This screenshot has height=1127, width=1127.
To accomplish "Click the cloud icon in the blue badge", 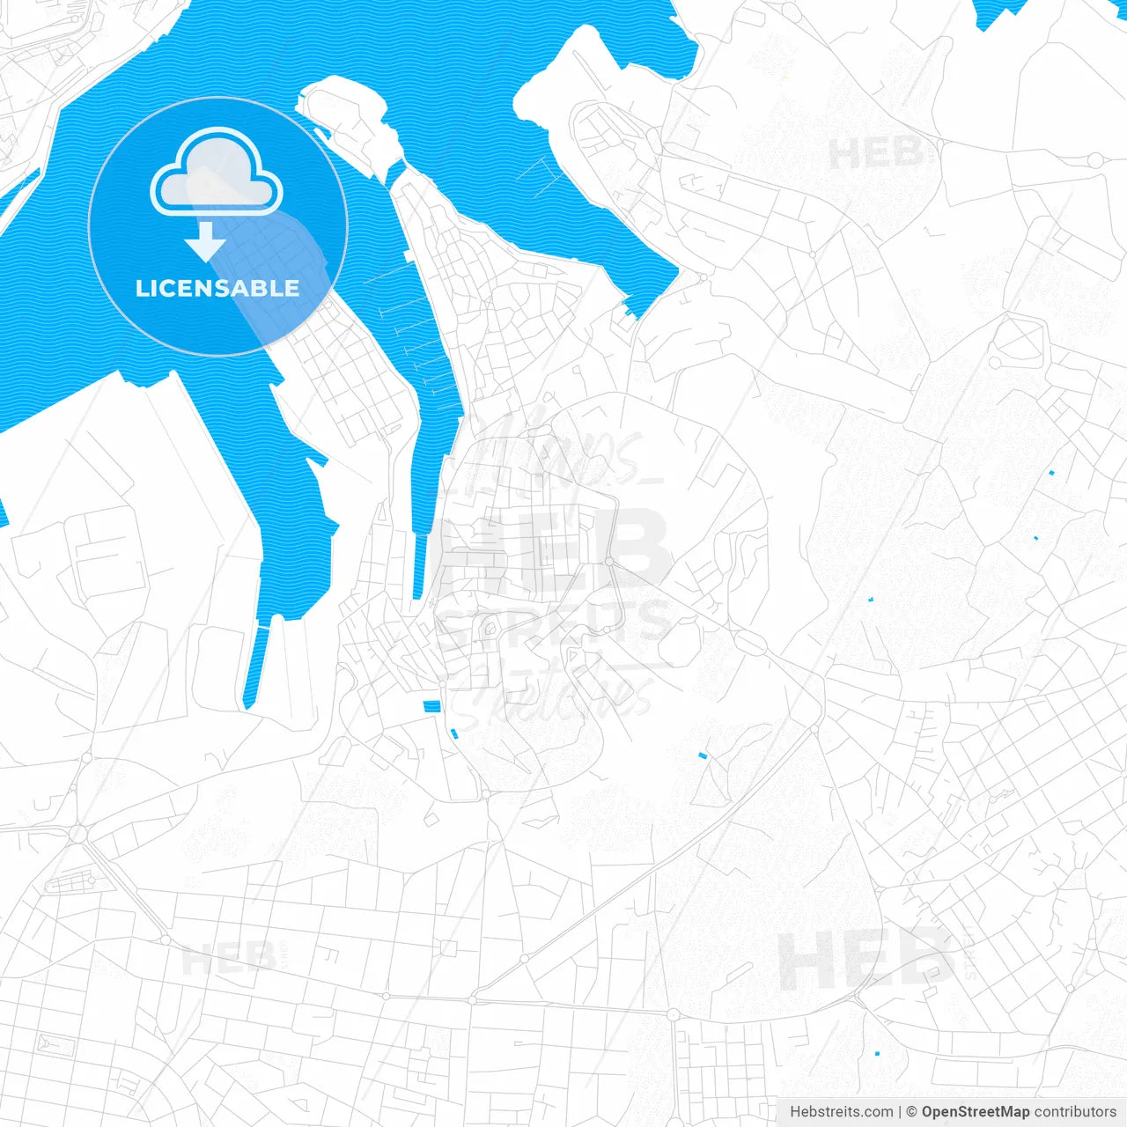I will click(217, 173).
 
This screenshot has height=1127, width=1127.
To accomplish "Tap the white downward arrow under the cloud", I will click(206, 242).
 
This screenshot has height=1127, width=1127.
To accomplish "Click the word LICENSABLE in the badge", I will click(217, 288).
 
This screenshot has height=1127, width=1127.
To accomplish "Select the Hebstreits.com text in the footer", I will click(841, 1112).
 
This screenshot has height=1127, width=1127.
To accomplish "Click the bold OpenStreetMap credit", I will click(976, 1112).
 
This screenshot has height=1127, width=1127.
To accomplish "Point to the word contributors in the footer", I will click(1075, 1112).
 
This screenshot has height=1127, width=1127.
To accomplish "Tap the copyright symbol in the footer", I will click(911, 1112).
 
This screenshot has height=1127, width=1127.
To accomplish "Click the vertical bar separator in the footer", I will click(900, 1112).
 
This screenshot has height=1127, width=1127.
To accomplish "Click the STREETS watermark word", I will click(555, 622).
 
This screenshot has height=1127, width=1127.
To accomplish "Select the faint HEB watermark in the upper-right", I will click(876, 155).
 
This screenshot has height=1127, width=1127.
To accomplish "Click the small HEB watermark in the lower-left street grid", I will click(229, 959).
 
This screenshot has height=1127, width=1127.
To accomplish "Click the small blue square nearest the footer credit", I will click(877, 1053).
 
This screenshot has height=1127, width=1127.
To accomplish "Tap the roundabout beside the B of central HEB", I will click(608, 561).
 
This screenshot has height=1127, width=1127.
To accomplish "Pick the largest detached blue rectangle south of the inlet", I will click(431, 706).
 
